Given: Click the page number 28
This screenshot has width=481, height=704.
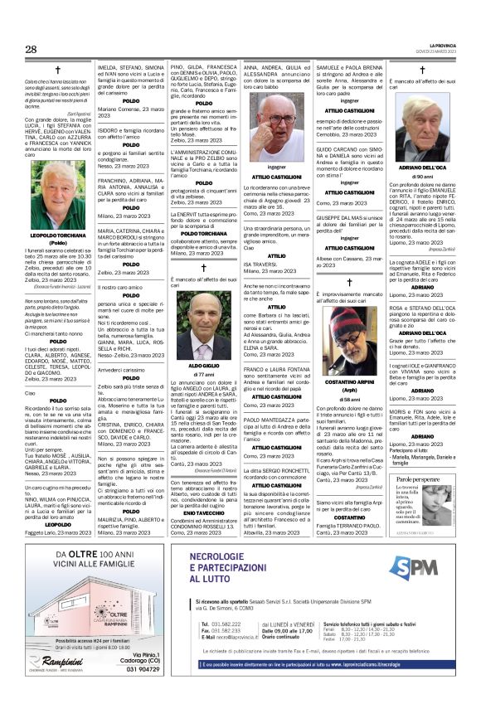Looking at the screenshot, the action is click(x=32, y=50).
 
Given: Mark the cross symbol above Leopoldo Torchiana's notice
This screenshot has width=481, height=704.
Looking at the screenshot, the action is click(x=58, y=70).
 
